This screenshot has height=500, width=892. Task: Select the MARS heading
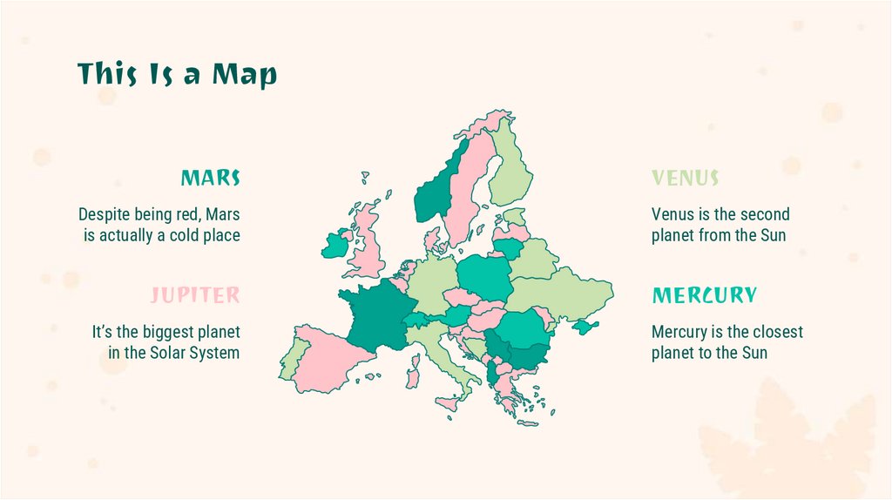coord(210,179)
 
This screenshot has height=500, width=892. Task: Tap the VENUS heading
coord(686,179)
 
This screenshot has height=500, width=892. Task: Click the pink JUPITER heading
coord(195,295)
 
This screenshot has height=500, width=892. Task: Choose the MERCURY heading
coord(705,295)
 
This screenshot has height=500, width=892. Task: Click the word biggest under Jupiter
coord(158,332)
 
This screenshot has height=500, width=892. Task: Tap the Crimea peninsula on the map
coord(585,327)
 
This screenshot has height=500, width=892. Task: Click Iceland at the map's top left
coord(365,178)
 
